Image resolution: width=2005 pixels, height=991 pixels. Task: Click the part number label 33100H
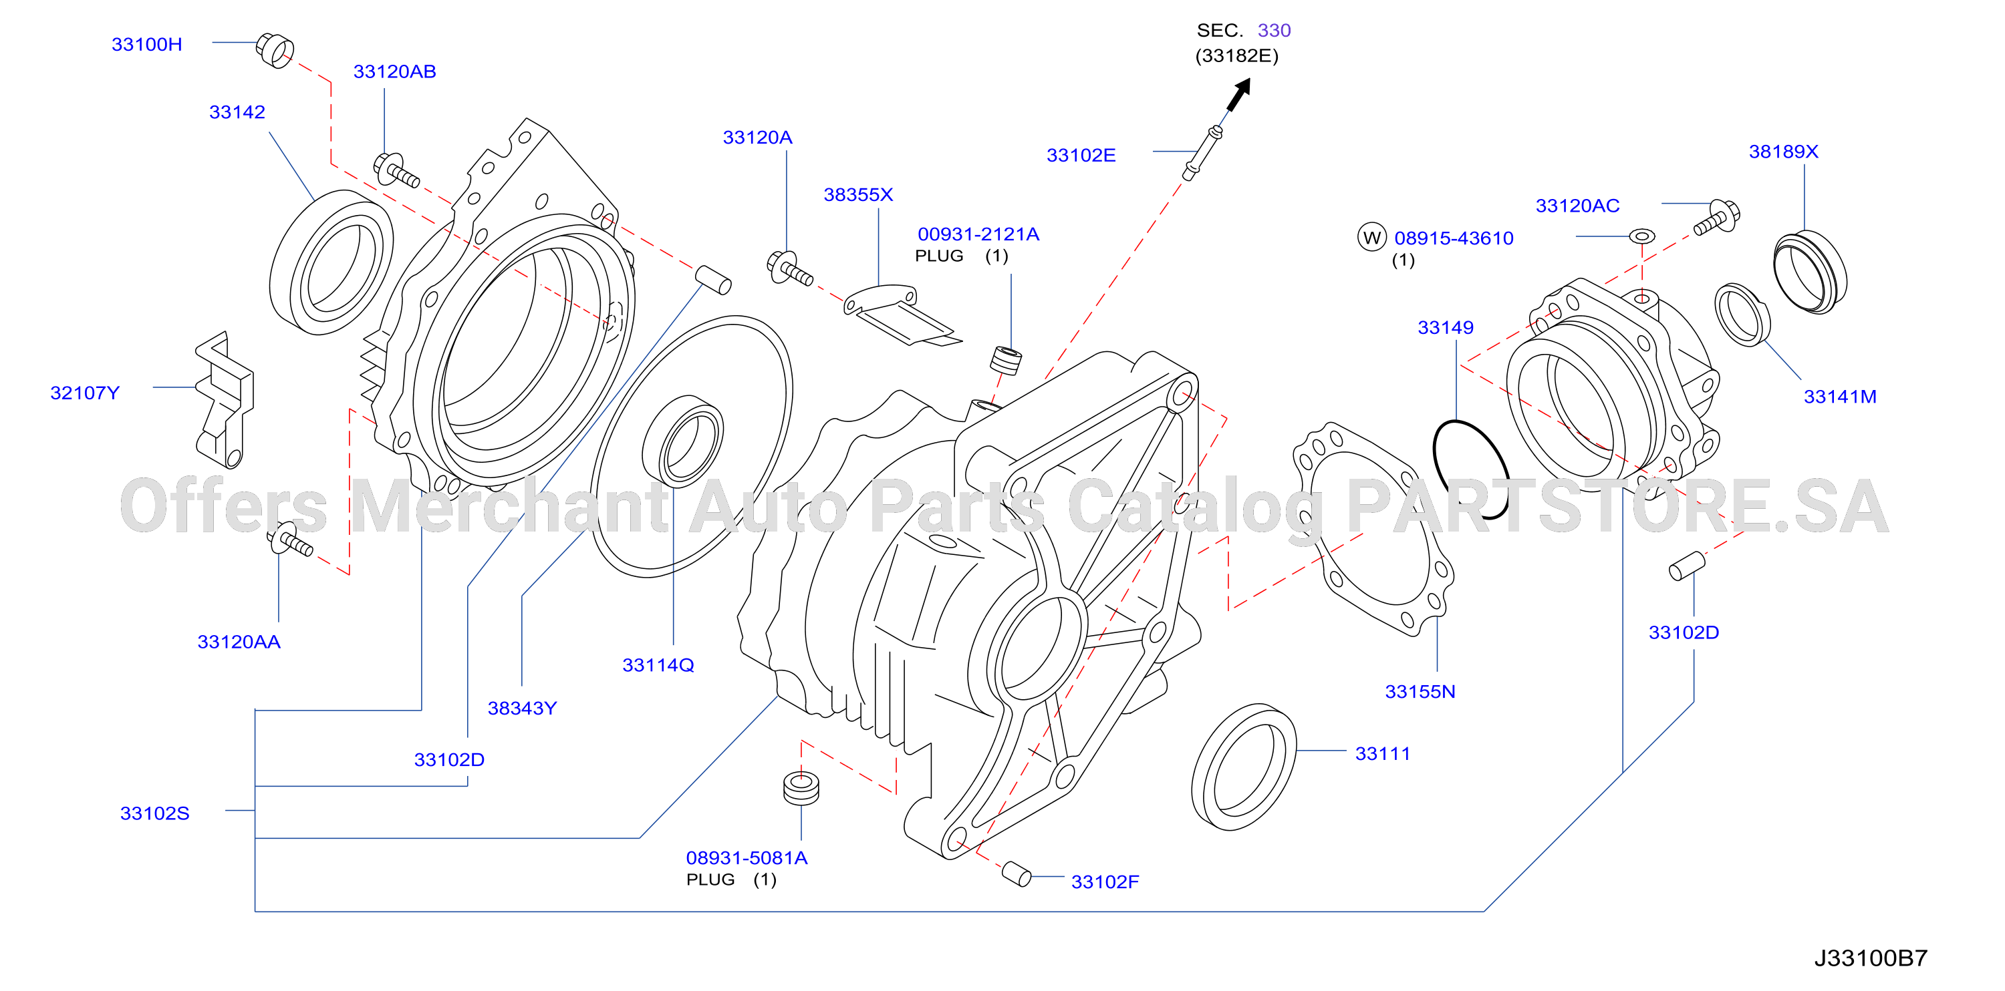pyautogui.click(x=146, y=44)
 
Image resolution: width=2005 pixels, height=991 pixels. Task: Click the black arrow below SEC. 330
pyautogui.click(x=1238, y=94)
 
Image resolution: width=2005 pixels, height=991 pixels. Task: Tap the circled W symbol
pyautogui.click(x=1371, y=237)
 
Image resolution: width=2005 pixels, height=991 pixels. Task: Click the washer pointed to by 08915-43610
pyautogui.click(x=1641, y=235)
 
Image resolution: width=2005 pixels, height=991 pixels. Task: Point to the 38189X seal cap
pyautogui.click(x=1810, y=272)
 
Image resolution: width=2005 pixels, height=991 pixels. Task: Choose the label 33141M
pyautogui.click(x=1839, y=397)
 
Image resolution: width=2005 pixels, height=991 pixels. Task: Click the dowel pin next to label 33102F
pyautogui.click(x=1017, y=874)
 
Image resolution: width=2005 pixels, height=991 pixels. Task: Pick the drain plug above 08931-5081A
pyautogui.click(x=801, y=788)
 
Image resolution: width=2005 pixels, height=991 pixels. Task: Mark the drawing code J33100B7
pyautogui.click(x=1871, y=958)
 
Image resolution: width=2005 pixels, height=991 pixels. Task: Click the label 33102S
pyautogui.click(x=154, y=813)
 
